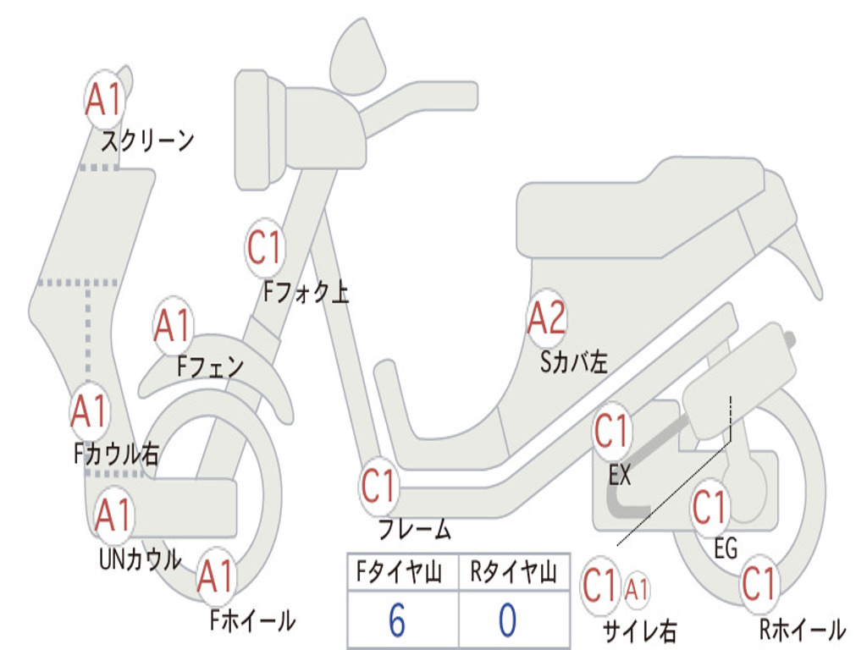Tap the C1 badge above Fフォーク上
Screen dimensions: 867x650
(265, 248)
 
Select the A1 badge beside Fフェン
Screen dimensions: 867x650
(174, 326)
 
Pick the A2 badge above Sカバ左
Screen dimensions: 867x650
(546, 319)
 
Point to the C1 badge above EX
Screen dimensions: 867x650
(613, 432)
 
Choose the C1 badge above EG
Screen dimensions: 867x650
(711, 508)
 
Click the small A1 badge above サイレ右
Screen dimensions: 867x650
(637, 587)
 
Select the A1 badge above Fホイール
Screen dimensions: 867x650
(216, 579)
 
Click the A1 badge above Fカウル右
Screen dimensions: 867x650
(89, 412)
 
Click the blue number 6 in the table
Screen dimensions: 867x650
(396, 621)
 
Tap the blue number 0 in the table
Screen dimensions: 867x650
(507, 621)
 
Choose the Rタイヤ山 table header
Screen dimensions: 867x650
(513, 574)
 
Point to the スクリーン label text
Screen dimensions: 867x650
(147, 140)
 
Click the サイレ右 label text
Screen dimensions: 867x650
(639, 631)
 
